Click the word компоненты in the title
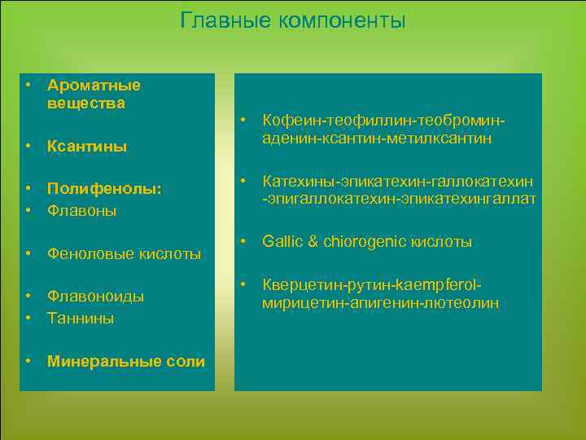coord(341,20)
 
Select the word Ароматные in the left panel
coord(94,86)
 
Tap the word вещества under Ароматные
coord(85,103)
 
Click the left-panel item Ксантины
coord(87,147)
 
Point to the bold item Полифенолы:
coord(105,189)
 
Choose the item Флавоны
coord(81,211)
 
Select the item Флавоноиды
coord(95,297)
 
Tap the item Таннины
coord(81,319)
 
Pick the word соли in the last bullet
coord(190,362)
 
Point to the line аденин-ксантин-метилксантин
coord(377,139)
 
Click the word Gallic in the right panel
coord(280,242)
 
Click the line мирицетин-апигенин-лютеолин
coord(380,303)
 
